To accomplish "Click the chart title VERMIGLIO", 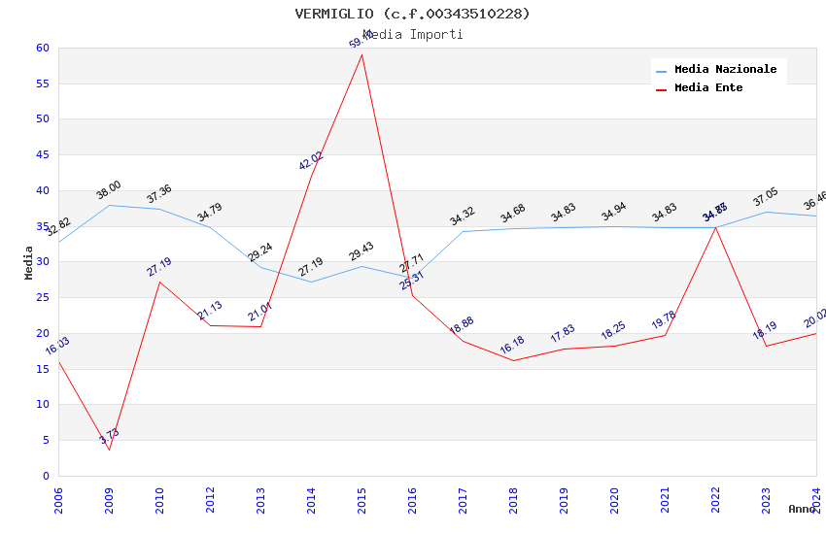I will (413, 14).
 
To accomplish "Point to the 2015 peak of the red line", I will (361, 54).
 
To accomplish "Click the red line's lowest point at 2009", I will (109, 450).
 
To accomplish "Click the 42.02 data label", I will (311, 161).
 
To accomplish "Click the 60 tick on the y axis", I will (42, 48).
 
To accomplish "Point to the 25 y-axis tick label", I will (42, 297).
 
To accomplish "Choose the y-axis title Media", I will (29, 262).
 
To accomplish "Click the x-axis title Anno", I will (802, 509).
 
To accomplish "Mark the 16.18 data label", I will (513, 346).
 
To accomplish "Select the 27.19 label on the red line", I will (159, 267).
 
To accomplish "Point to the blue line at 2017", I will (463, 231).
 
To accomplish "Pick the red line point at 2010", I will (159, 282).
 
